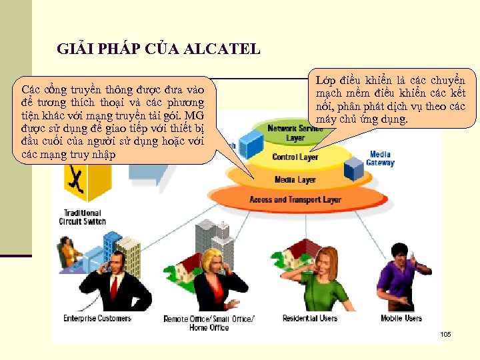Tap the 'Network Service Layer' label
295,133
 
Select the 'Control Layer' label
295,157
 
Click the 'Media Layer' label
295,180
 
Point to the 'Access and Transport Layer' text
295,199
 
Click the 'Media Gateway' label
381,159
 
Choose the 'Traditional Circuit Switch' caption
82,217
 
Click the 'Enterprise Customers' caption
97,319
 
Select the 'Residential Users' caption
310,319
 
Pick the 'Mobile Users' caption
401,319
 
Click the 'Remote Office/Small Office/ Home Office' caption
209,323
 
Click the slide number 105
445,334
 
